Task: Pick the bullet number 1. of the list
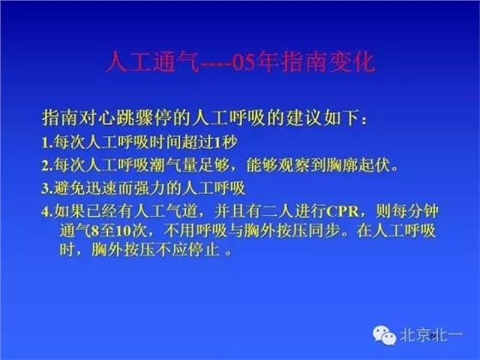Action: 46,140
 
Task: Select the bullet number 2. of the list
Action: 46,163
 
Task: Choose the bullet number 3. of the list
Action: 46,186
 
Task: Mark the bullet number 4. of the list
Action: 46,210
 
